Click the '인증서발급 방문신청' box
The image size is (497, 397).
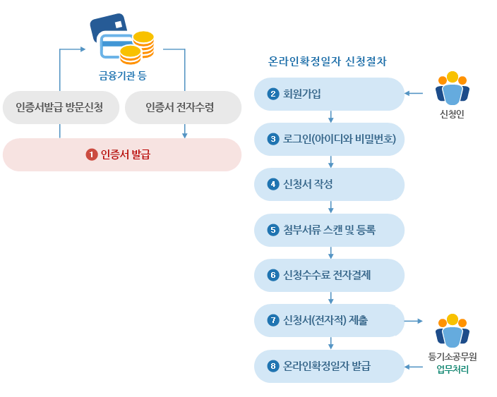click(59, 107)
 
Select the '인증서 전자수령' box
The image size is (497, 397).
click(183, 107)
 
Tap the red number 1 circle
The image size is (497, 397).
click(91, 154)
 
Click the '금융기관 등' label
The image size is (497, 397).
click(122, 74)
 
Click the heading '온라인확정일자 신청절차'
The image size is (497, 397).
click(327, 61)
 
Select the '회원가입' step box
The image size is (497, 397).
click(329, 94)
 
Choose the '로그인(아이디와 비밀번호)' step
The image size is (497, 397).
click(329, 139)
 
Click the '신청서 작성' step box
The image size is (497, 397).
click(329, 184)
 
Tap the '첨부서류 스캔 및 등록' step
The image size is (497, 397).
click(329, 230)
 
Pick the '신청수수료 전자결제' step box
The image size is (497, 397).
click(329, 275)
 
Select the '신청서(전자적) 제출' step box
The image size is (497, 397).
click(329, 321)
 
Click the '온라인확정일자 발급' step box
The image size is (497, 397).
click(329, 366)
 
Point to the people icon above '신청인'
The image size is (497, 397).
click(452, 89)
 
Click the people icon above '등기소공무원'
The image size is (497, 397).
click(453, 329)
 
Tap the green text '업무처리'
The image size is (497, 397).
click(453, 369)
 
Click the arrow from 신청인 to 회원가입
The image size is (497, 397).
click(414, 93)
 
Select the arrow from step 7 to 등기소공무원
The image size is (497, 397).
click(414, 321)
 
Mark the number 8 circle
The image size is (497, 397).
click(273, 366)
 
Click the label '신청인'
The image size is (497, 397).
click(452, 114)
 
